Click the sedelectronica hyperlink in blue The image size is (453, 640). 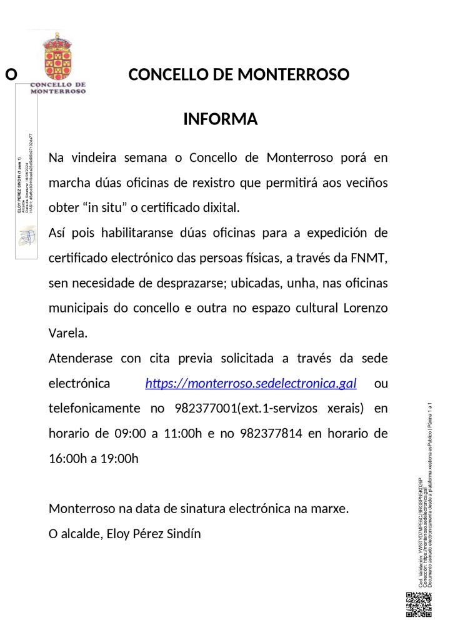(251, 384)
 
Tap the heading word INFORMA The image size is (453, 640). (220, 119)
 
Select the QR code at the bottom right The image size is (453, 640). (419, 604)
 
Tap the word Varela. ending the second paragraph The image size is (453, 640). (68, 332)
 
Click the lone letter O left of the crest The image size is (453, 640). (11, 76)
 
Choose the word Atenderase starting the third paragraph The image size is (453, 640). (81, 358)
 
